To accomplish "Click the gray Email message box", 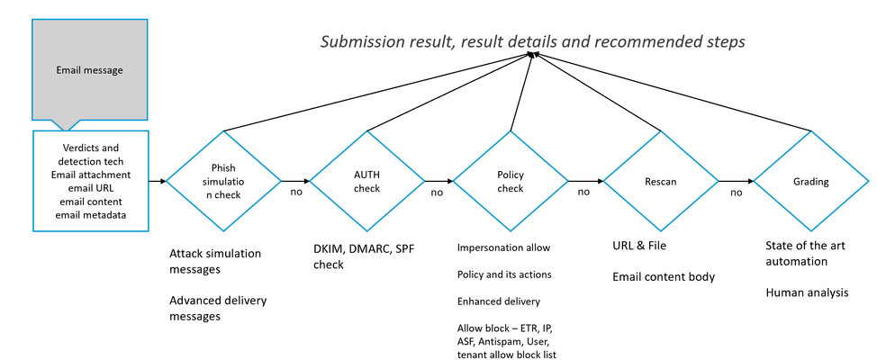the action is (89, 70).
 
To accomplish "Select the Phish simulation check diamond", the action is (223, 181).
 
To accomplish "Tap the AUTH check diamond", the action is (366, 181).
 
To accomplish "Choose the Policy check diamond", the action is (511, 181).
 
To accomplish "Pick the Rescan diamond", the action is (661, 181).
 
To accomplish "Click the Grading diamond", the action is (811, 181).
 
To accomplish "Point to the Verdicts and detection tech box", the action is (91, 181).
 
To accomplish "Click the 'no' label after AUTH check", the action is (437, 193).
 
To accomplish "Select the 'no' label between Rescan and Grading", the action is (736, 193).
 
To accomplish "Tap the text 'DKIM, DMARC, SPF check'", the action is (364, 256).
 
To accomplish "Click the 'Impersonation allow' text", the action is (503, 247).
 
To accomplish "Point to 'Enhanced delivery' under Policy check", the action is (498, 301).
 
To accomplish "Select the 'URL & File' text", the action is (639, 246).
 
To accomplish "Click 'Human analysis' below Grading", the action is (807, 292).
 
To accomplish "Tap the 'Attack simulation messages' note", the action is (215, 261).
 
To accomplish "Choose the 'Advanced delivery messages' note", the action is (218, 308).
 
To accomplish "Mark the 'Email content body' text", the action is (664, 276).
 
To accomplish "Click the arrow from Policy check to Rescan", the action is (585, 181).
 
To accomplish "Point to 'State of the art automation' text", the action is (805, 253).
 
